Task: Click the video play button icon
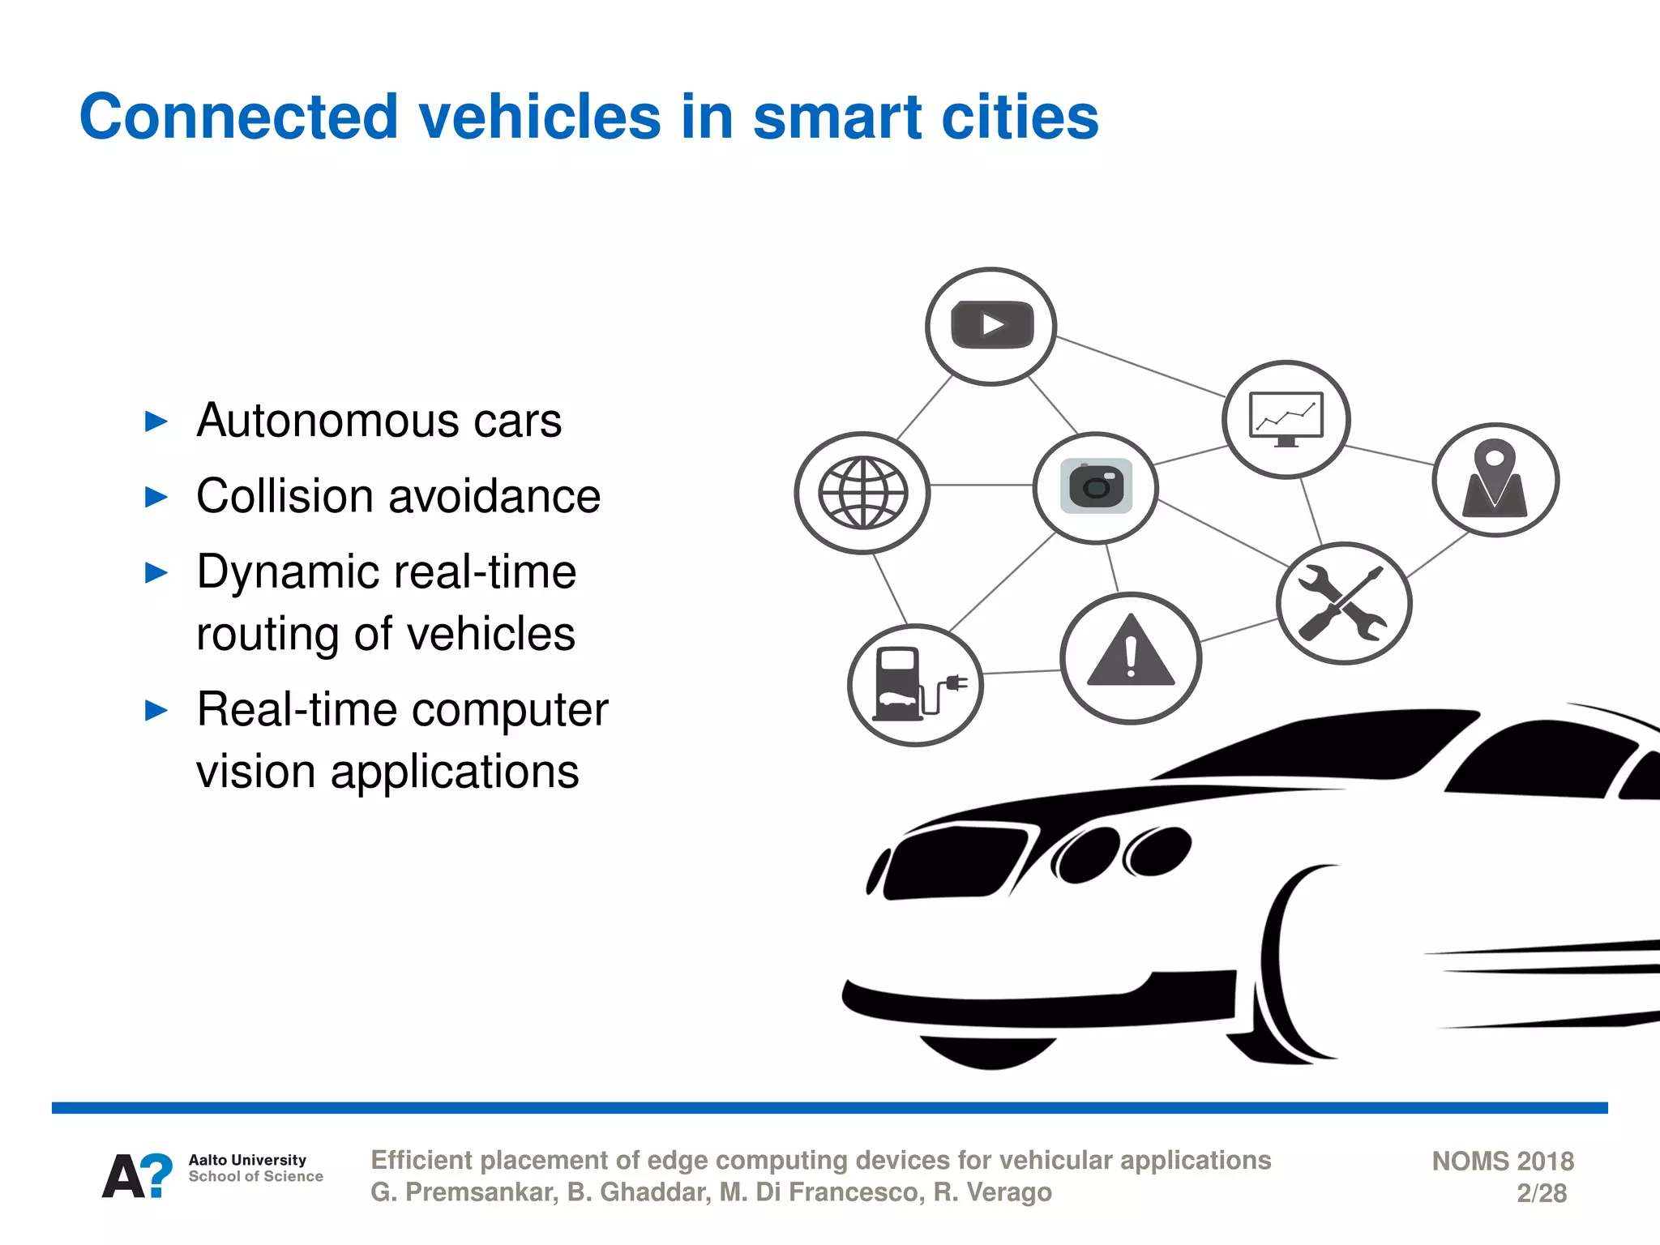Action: tap(991, 326)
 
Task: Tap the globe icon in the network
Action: tap(862, 493)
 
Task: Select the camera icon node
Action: tap(1096, 486)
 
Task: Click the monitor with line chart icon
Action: tap(1286, 419)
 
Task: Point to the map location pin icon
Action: tap(1495, 480)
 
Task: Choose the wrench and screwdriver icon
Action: tap(1343, 603)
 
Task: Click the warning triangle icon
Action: tap(1130, 657)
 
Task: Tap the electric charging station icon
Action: tap(915, 685)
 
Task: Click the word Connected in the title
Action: tap(238, 117)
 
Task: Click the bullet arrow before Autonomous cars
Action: tap(156, 421)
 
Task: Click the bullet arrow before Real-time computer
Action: tap(156, 711)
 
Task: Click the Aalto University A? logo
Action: tap(137, 1175)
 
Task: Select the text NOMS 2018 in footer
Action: tap(1502, 1161)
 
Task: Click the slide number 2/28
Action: tap(1541, 1193)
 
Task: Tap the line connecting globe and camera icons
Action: tap(981, 485)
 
